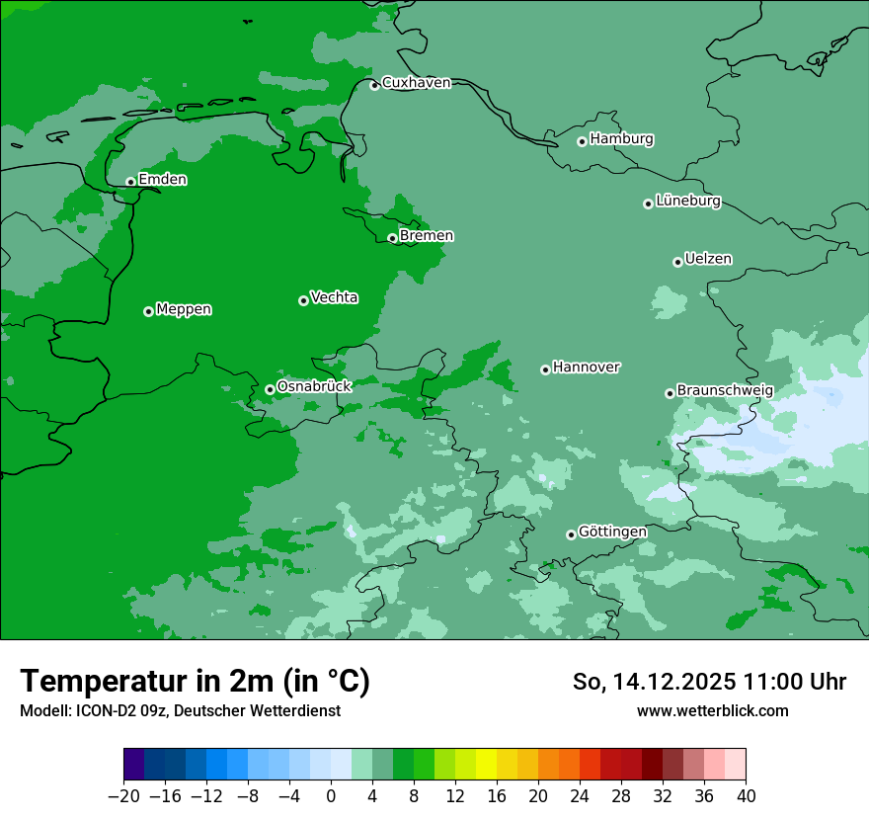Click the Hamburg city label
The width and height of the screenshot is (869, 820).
click(x=621, y=139)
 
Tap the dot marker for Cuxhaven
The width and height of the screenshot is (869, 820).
click(x=374, y=85)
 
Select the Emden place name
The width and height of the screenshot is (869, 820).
click(x=162, y=180)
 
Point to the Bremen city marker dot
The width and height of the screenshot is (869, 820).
click(x=392, y=238)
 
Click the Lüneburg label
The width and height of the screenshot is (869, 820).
click(x=687, y=202)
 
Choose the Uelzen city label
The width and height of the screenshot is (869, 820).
click(x=708, y=260)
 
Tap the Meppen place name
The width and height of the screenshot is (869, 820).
click(x=184, y=310)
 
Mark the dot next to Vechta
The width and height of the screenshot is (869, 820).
click(x=303, y=300)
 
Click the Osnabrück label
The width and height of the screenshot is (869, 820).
click(x=314, y=387)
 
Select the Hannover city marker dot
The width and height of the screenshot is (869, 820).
click(x=545, y=369)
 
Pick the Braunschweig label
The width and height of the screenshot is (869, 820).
click(x=725, y=391)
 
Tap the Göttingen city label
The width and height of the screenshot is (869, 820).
click(x=612, y=533)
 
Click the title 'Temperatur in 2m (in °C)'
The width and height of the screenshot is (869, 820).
click(x=195, y=682)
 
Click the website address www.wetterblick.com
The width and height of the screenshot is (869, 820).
click(x=712, y=710)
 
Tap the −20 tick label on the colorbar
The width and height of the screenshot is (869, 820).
click(x=123, y=795)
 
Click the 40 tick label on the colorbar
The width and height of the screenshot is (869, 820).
click(x=746, y=795)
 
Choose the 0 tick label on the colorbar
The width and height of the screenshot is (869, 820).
click(x=331, y=795)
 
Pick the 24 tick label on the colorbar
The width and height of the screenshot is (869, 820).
click(x=580, y=795)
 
